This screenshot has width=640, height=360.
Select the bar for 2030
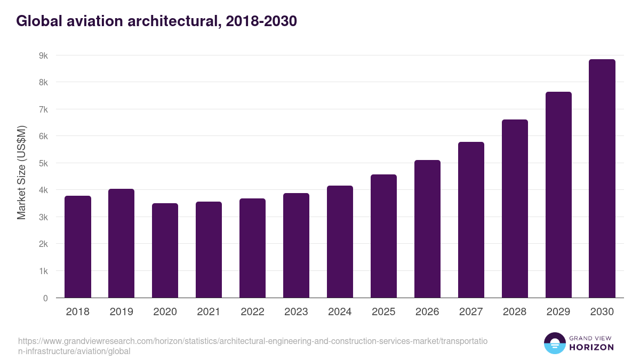tap(602, 179)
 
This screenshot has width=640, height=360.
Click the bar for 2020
tap(165, 251)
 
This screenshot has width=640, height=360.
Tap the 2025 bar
tap(383, 236)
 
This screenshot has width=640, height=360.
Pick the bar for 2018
tap(78, 247)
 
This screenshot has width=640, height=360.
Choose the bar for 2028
tap(515, 209)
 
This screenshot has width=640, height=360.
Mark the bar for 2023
tap(296, 245)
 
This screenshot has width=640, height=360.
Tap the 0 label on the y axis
tap(45, 298)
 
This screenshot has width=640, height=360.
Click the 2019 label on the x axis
tap(122, 312)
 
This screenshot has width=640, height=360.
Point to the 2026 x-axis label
tap(427, 312)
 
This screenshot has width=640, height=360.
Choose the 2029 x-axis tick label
tap(558, 312)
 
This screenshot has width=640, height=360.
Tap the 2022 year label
tap(252, 312)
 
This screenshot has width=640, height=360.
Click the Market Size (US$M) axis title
tap(21, 172)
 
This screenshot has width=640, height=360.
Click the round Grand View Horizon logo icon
tap(555, 343)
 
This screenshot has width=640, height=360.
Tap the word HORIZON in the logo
tap(591, 347)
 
